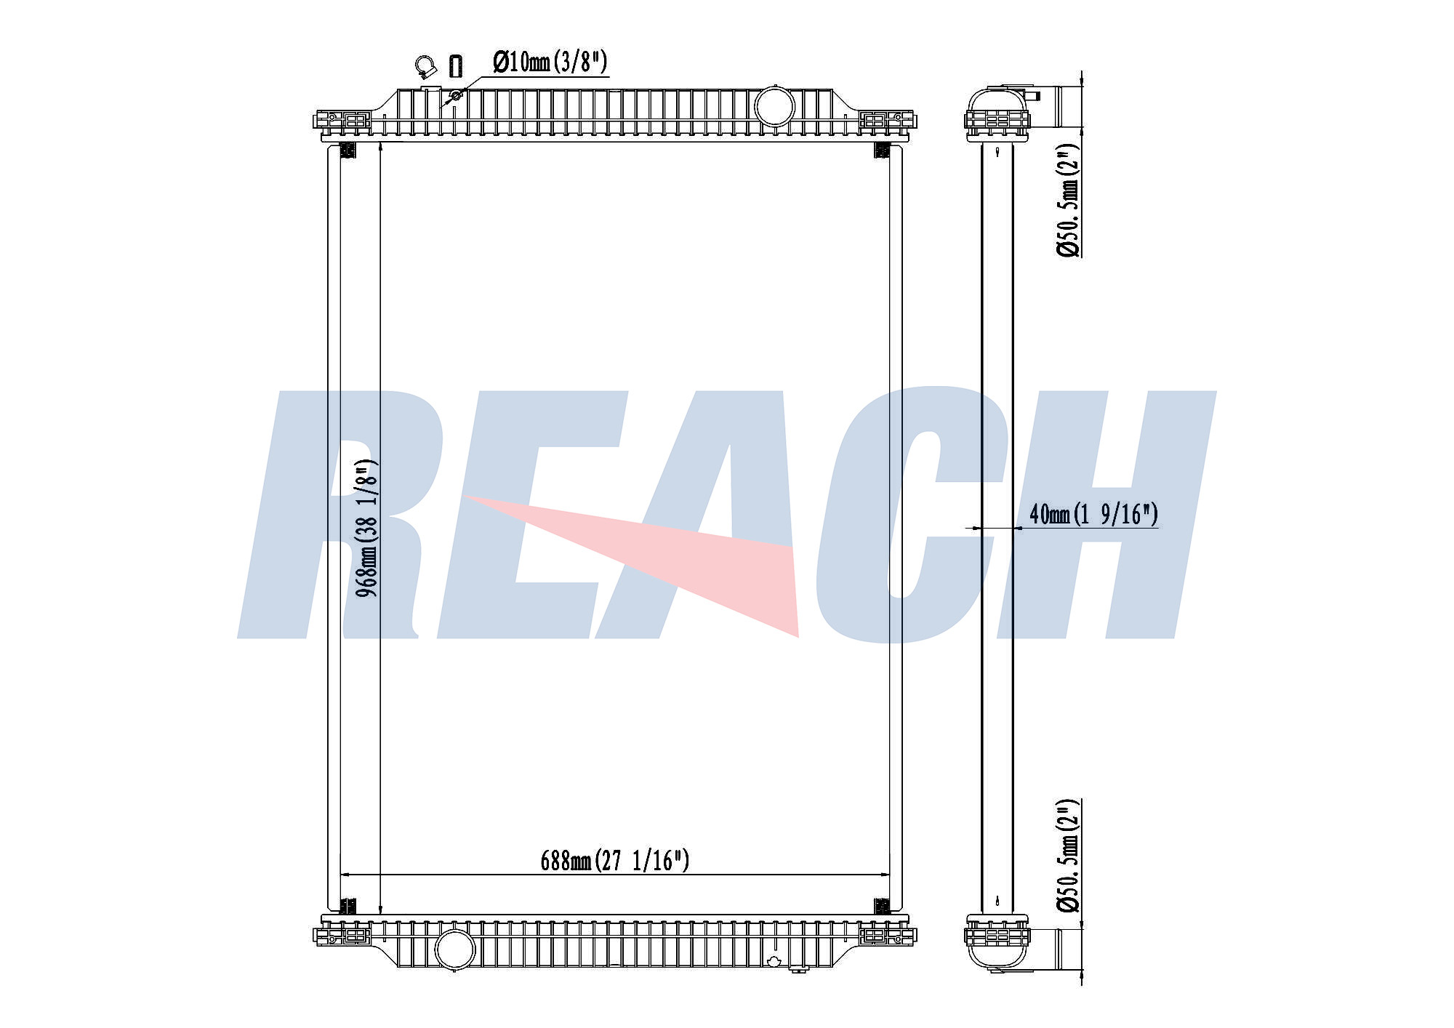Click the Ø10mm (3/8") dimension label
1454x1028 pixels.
click(x=550, y=63)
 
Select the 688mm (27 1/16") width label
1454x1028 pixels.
click(x=614, y=860)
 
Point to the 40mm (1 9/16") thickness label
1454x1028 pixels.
click(x=1093, y=514)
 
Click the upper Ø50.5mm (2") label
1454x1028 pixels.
click(x=1068, y=199)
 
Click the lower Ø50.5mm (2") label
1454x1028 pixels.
click(x=1068, y=856)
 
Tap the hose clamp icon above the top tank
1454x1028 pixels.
click(x=426, y=67)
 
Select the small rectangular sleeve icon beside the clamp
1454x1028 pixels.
click(x=456, y=65)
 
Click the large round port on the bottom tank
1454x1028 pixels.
click(x=454, y=949)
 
